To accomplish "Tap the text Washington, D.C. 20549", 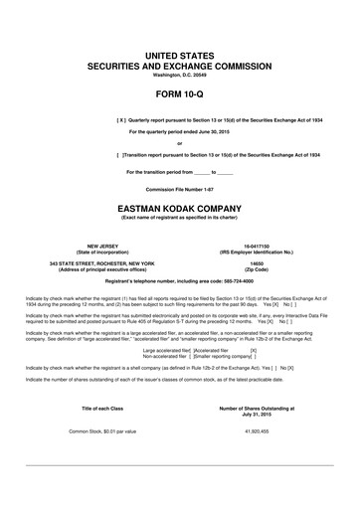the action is (180, 75).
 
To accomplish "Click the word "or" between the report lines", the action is (179, 143).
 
